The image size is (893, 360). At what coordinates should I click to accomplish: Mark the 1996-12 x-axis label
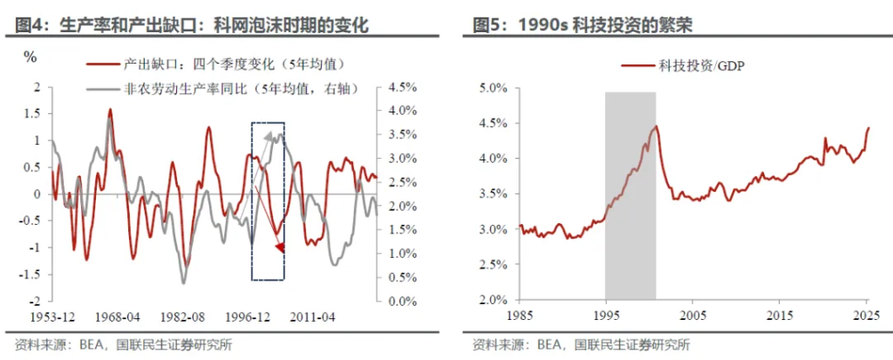pos(249,316)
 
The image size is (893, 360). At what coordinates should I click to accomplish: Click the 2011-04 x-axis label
pos(312,316)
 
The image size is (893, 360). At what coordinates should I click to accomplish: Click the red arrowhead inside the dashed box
pos(280,249)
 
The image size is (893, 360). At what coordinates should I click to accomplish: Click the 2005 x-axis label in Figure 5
pos(693,316)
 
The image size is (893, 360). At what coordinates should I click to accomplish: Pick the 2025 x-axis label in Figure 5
pos(866,316)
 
